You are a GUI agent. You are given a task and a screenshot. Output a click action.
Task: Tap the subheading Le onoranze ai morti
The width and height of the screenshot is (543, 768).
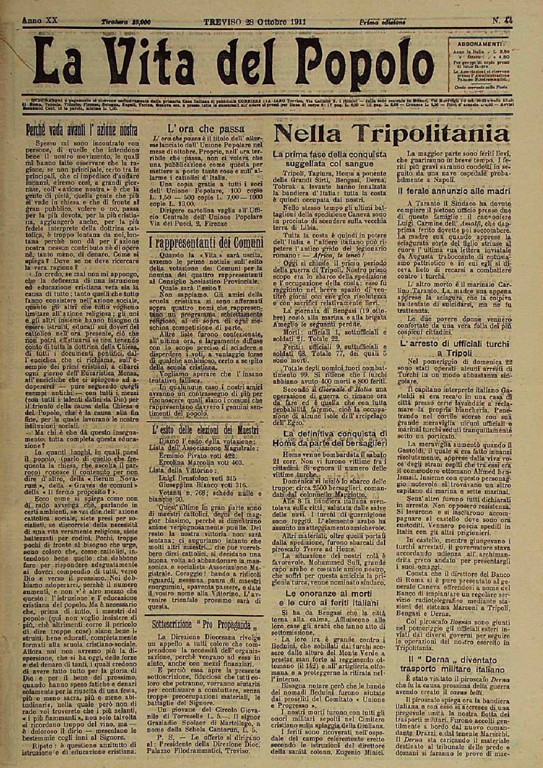(328, 593)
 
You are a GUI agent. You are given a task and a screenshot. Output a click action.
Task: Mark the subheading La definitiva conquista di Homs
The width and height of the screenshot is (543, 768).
(328, 438)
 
